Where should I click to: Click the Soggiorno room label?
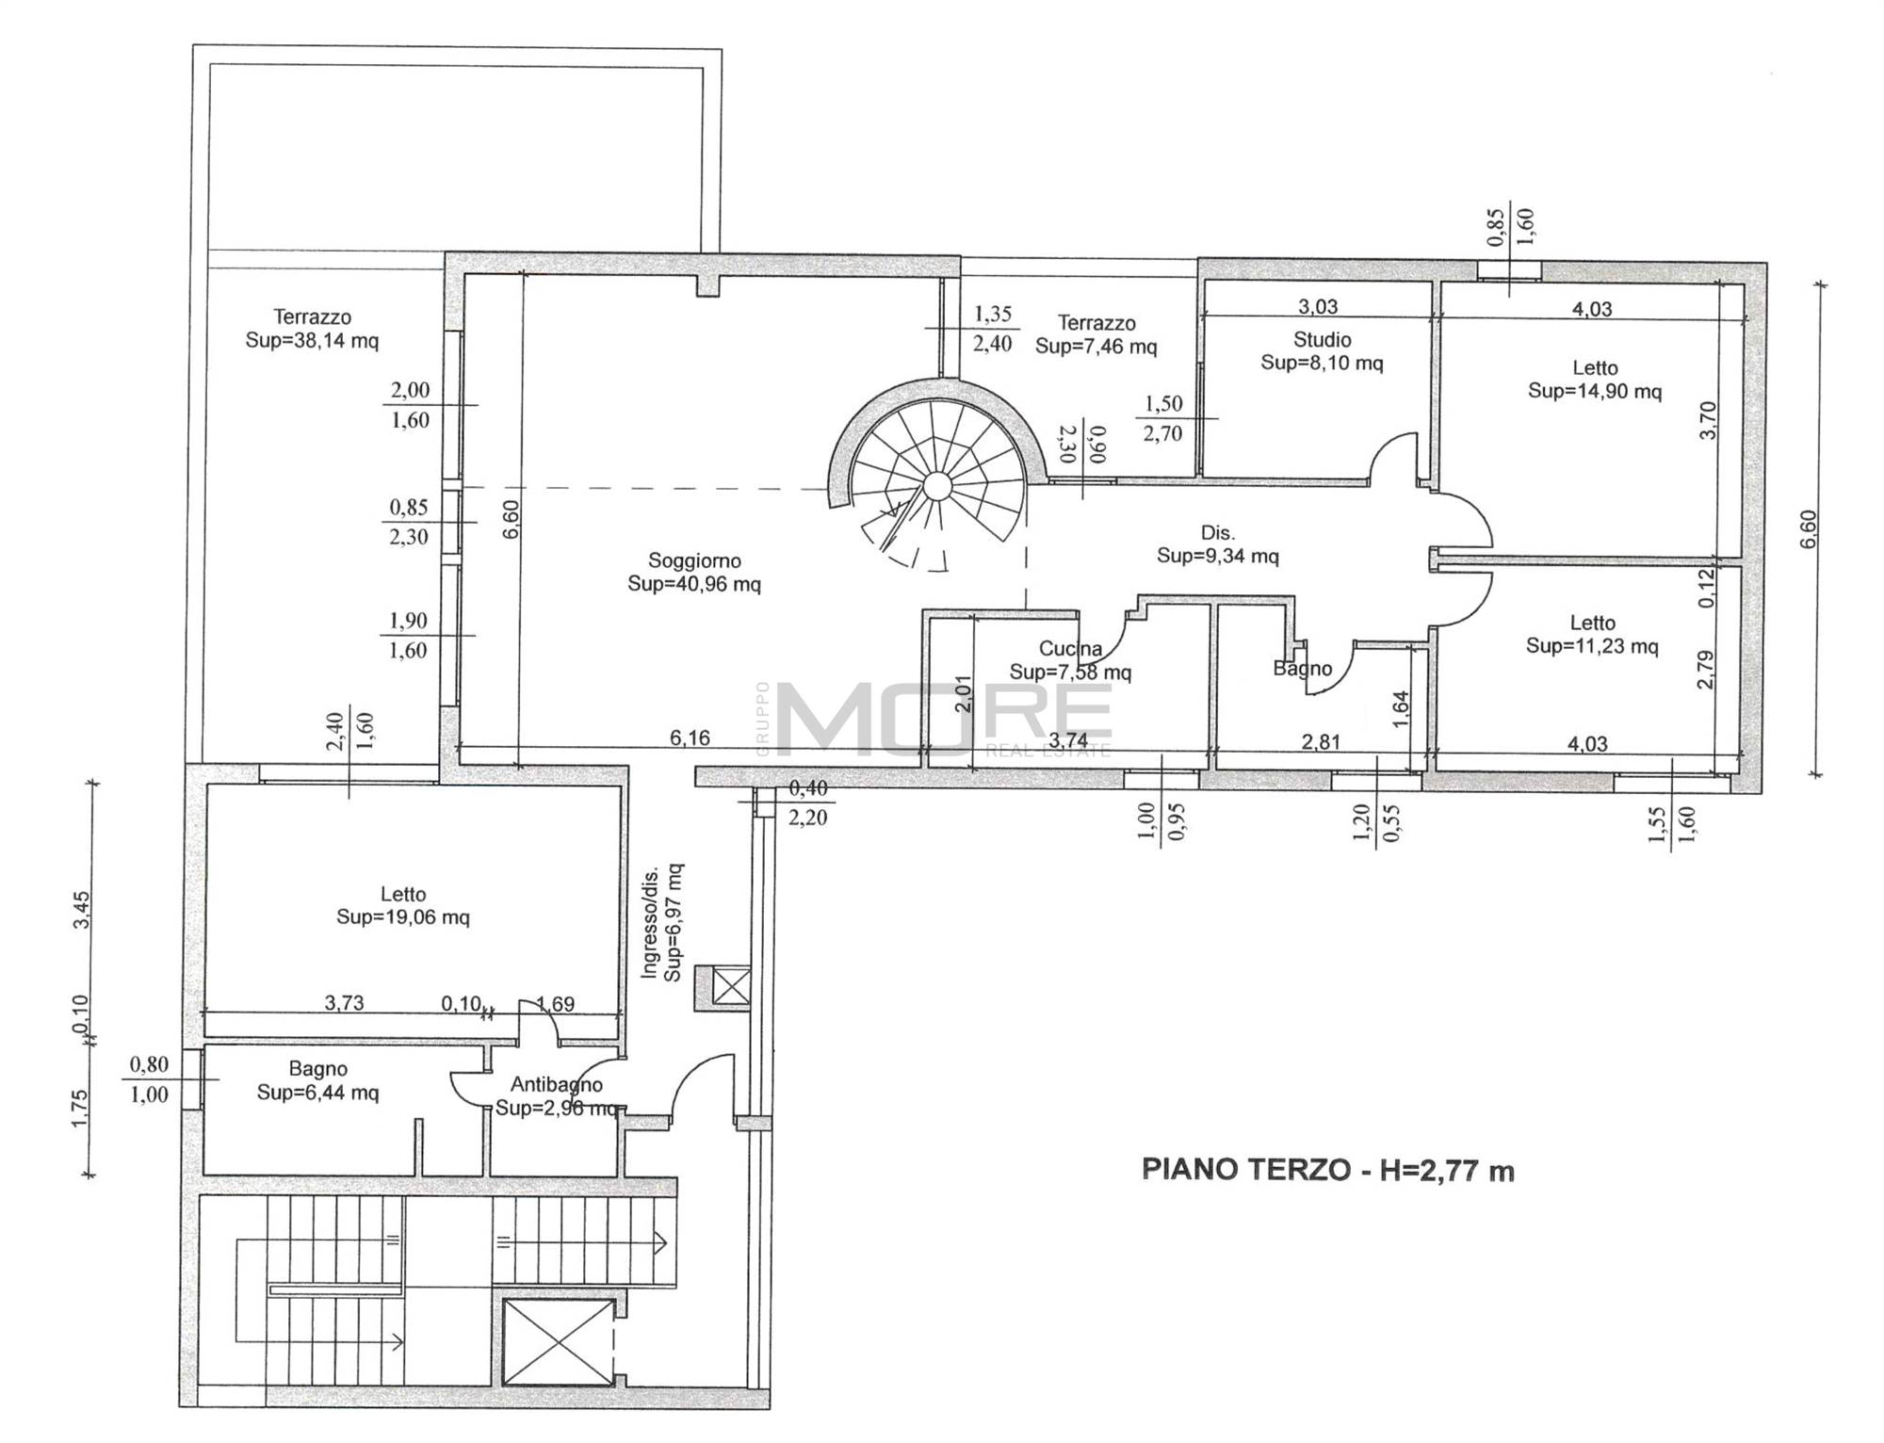pyautogui.click(x=694, y=560)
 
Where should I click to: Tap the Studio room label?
pyautogui.click(x=1322, y=339)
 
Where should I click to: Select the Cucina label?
pyautogui.click(x=1070, y=648)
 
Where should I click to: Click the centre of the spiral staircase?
pyautogui.click(x=936, y=486)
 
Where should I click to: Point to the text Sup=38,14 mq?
pyautogui.click(x=312, y=341)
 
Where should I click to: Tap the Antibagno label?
pyautogui.click(x=556, y=1085)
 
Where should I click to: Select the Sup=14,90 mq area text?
pyautogui.click(x=1595, y=391)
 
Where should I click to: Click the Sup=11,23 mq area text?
pyautogui.click(x=1592, y=646)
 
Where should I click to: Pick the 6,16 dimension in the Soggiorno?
pyautogui.click(x=690, y=738)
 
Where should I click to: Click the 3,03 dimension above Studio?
pyautogui.click(x=1318, y=306)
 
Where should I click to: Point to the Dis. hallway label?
pyautogui.click(x=1217, y=532)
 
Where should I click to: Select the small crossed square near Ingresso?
pyautogui.click(x=731, y=987)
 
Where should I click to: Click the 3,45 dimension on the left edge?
pyautogui.click(x=82, y=909)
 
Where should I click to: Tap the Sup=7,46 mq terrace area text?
pyautogui.click(x=1096, y=347)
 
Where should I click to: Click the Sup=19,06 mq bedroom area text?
pyautogui.click(x=403, y=917)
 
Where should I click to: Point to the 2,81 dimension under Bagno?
pyautogui.click(x=1321, y=742)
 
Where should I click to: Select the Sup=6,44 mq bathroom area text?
pyautogui.click(x=318, y=1093)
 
